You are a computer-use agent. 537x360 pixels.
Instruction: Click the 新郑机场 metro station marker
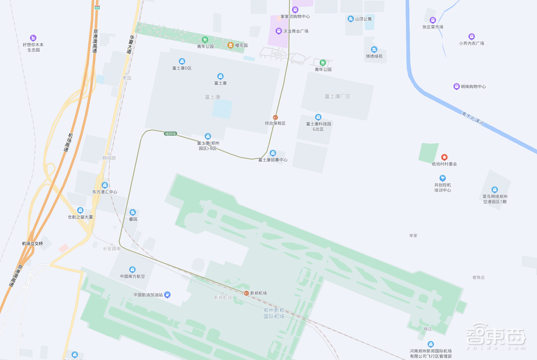246,293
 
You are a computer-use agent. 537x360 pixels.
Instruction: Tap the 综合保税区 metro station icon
275,117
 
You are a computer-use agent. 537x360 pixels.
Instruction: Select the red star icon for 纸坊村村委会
444,157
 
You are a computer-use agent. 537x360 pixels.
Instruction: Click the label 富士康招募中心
273,160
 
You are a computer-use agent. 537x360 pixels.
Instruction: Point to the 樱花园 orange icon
230,46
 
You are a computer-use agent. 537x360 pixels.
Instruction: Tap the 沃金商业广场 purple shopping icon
278,31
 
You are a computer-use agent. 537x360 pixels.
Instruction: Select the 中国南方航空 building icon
133,269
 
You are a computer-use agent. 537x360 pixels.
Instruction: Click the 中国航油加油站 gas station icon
168,295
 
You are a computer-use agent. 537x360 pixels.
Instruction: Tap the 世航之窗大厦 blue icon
80,210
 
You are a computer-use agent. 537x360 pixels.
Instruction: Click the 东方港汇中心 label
105,192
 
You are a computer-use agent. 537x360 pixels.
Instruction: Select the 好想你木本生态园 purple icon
33,38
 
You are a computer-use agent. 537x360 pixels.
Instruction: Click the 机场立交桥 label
37,244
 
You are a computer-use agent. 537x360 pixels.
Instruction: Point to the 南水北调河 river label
473,119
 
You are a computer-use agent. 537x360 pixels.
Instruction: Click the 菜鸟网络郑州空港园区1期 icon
494,189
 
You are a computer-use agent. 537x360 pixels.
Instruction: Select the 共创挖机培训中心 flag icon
442,178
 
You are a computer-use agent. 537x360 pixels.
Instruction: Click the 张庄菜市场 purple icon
433,20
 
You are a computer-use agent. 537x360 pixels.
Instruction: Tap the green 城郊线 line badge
170,133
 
